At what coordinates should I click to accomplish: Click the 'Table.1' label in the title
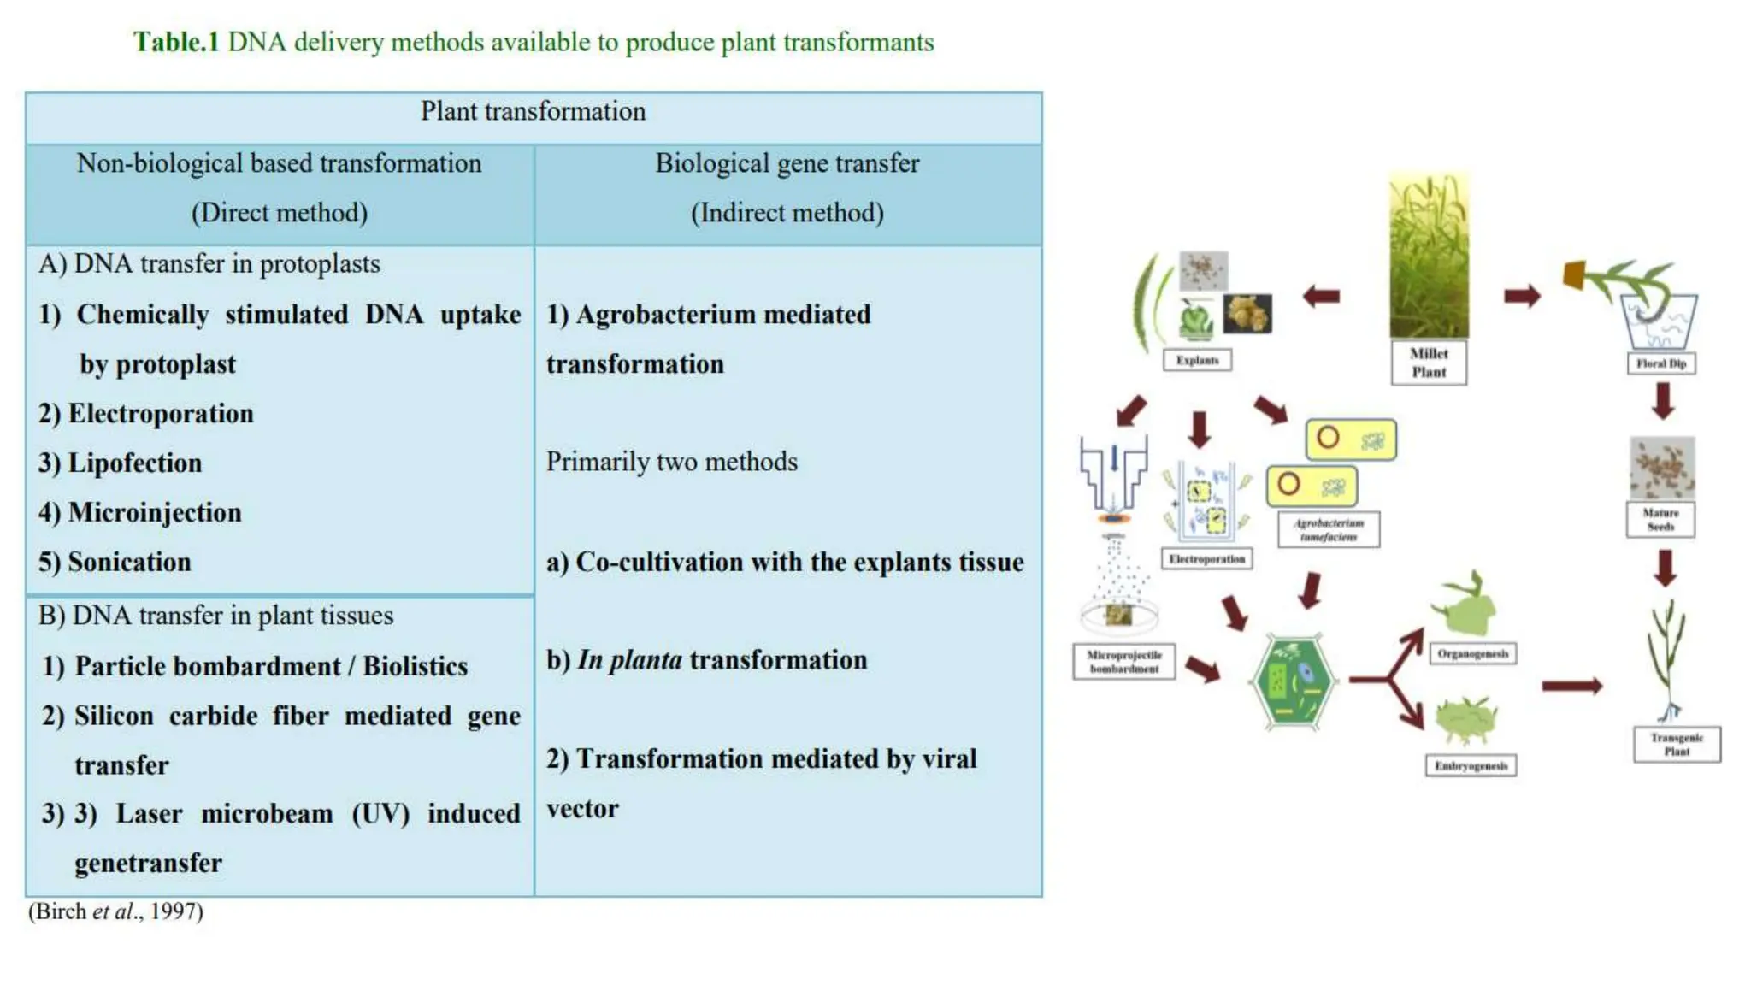tap(176, 42)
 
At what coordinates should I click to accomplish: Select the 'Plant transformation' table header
tap(533, 111)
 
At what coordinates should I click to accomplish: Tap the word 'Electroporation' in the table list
tap(161, 414)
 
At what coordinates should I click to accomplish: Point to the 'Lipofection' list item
tap(134, 463)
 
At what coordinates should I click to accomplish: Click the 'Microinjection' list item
tap(154, 513)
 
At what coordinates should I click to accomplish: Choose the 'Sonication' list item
tap(129, 563)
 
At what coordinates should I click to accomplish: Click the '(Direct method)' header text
tap(279, 213)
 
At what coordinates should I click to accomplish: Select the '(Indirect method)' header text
tap(787, 213)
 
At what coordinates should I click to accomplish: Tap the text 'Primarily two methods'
tap(671, 463)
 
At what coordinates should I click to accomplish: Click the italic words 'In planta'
tap(629, 660)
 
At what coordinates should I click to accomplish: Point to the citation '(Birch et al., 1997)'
tap(115, 911)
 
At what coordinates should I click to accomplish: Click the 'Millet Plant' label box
tap(1429, 363)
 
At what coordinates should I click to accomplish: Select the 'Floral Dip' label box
tap(1660, 363)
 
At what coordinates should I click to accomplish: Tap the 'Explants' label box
tap(1197, 360)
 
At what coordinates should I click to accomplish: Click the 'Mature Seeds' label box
tap(1660, 520)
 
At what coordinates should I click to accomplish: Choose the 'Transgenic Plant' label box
tap(1677, 744)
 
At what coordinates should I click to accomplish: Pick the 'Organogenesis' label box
tap(1472, 654)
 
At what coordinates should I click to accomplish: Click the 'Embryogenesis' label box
tap(1471, 765)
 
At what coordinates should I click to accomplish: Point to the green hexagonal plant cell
tap(1292, 681)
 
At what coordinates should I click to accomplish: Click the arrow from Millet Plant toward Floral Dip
tap(1522, 297)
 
